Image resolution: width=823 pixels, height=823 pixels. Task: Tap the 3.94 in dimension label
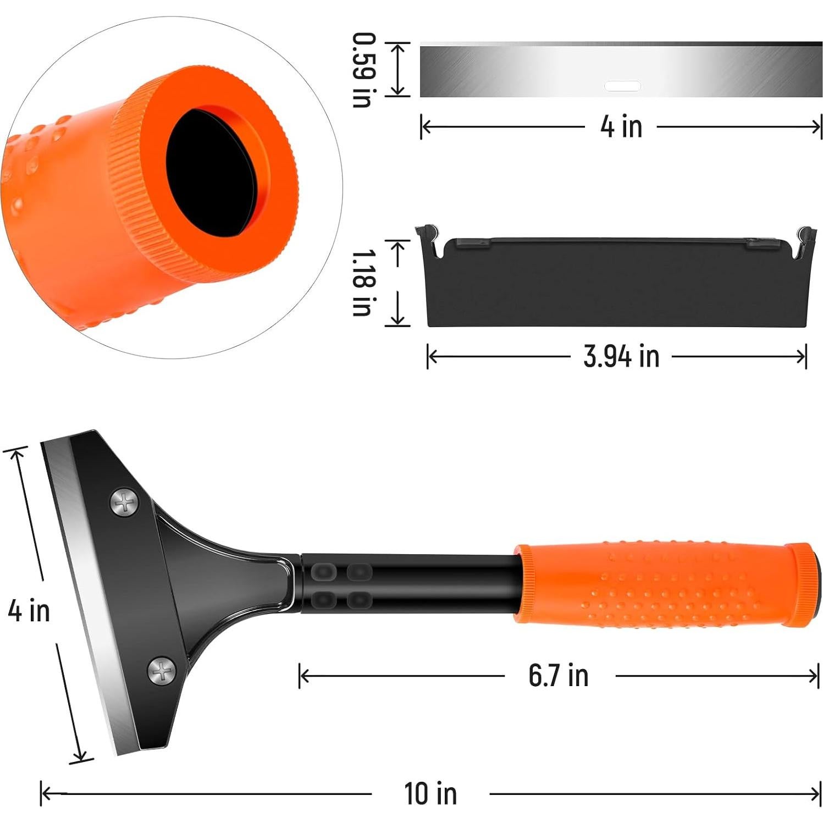tap(621, 357)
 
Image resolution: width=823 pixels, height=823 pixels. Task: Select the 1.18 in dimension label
tap(363, 283)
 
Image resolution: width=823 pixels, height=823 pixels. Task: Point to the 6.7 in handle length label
tap(558, 676)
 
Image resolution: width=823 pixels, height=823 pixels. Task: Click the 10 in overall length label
tap(430, 793)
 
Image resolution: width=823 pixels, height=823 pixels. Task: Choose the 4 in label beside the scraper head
tap(29, 611)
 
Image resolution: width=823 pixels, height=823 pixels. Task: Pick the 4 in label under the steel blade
tap(621, 127)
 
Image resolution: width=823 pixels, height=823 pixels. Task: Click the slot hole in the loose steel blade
tap(622, 86)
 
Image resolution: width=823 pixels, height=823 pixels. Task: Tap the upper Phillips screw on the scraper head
tap(125, 502)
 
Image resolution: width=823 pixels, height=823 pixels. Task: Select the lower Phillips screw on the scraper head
tap(162, 670)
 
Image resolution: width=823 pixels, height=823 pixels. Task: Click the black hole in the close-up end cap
tap(212, 171)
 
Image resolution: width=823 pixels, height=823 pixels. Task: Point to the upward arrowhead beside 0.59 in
tap(397, 48)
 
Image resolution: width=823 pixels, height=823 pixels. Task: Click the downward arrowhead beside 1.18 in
tap(397, 320)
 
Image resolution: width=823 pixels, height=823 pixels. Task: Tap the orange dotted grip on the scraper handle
tap(660, 586)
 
